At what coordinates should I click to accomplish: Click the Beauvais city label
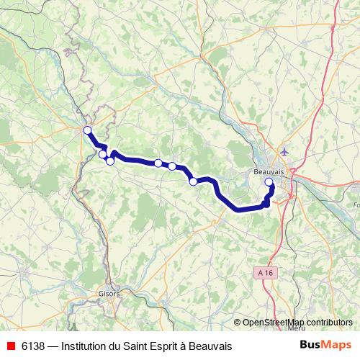point(269,173)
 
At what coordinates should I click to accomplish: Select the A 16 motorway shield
point(266,273)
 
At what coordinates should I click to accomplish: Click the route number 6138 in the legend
point(31,346)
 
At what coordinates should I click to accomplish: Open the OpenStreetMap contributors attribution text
point(297,323)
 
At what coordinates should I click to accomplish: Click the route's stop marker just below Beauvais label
point(269,183)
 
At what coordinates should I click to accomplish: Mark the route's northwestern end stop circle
point(88,130)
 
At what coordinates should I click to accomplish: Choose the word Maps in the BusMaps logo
point(338,346)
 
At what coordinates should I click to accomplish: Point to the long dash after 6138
point(52,346)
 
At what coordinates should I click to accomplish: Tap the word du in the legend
point(116,346)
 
